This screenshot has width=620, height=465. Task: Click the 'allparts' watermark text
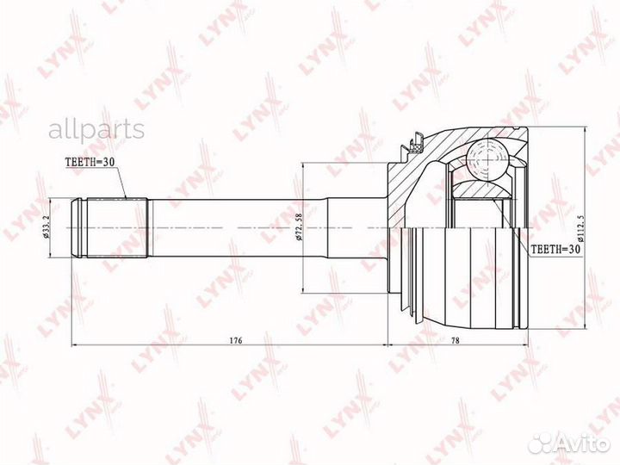(96, 130)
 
